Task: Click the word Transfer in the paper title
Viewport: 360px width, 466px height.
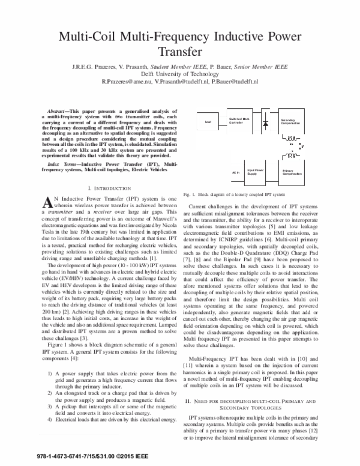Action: [x=179, y=52]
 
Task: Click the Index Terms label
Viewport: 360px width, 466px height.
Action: [x=61, y=163]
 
